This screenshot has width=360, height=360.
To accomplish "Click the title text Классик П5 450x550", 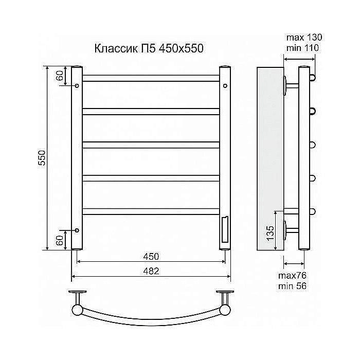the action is point(149,49).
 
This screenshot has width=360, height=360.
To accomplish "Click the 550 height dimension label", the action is point(42,158).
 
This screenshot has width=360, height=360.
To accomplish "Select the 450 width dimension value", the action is point(151,257).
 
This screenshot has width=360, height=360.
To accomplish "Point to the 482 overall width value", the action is point(151,271).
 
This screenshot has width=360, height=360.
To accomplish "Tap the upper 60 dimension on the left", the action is point(60,76).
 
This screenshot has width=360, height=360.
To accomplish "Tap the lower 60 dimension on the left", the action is point(60,240).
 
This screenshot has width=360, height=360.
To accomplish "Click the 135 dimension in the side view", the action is point(271,233).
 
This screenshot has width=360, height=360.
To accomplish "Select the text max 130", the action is point(304,38).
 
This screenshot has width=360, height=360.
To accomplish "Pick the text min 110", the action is point(302,48).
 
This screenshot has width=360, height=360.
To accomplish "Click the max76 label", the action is point(292,276).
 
